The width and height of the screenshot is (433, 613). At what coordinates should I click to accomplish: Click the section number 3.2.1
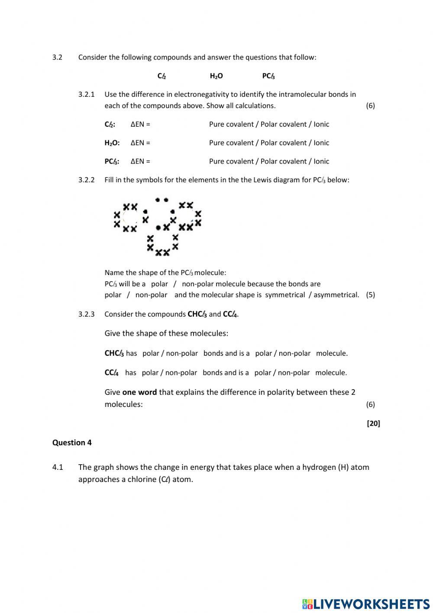tap(86, 94)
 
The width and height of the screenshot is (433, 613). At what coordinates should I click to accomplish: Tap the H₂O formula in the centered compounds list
tap(216, 76)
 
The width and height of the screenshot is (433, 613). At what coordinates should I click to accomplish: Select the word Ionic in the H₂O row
tap(321, 143)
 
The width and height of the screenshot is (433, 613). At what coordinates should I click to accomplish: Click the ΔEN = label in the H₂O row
tap(140, 143)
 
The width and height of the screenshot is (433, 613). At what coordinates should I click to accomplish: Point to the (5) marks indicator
tap(370, 295)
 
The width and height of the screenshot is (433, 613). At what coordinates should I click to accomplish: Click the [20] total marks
tap(373, 423)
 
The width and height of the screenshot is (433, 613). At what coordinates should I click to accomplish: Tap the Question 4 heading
tap(72, 443)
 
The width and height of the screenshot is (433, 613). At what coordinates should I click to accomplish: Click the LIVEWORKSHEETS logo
tap(366, 603)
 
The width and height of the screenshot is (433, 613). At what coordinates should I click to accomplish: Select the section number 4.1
tap(58, 467)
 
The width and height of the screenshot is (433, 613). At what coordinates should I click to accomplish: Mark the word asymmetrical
tap(336, 295)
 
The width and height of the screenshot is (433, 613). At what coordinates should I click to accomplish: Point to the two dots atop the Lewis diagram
tap(162, 200)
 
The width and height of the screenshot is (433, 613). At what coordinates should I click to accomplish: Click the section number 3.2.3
tap(86, 314)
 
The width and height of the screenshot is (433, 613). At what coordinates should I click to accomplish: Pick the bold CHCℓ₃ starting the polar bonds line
tap(114, 353)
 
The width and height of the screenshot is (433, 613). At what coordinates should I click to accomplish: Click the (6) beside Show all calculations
tap(370, 105)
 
